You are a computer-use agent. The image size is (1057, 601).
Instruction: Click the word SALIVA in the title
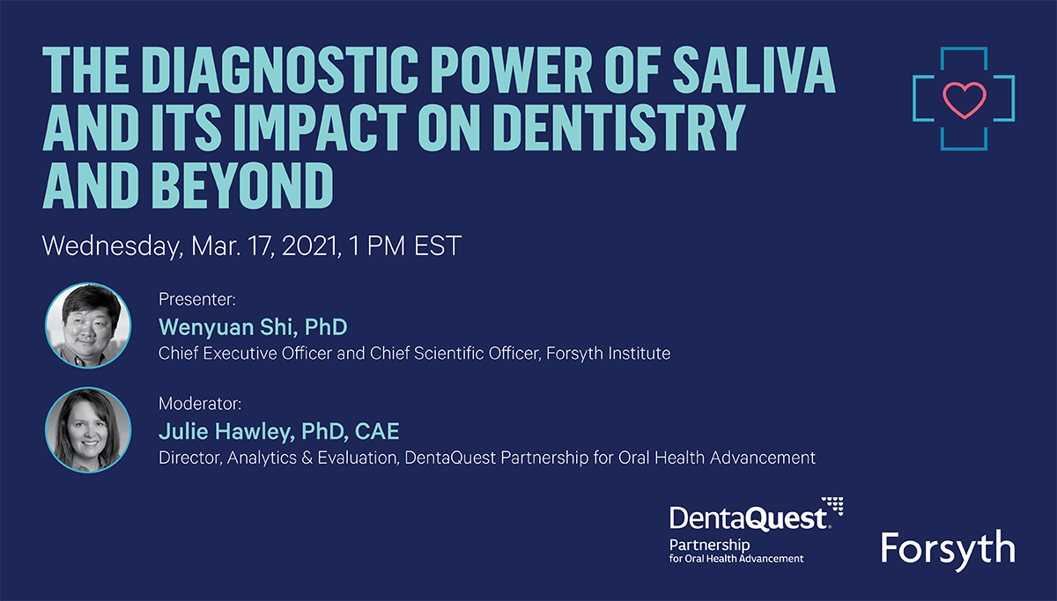click(754, 70)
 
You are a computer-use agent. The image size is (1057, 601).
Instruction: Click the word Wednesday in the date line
click(113, 246)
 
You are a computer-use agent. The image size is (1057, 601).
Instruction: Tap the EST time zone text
click(438, 246)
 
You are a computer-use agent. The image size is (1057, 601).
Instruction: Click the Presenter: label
click(196, 299)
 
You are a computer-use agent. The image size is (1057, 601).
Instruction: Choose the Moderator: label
click(200, 404)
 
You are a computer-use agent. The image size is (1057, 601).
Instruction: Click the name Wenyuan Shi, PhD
click(253, 327)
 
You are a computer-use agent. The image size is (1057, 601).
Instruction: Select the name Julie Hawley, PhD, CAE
click(279, 431)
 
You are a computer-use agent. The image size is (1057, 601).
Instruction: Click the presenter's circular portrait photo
click(88, 326)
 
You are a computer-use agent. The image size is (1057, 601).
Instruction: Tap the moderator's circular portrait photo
click(88, 430)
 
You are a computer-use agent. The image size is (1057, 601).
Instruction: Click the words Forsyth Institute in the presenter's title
click(609, 354)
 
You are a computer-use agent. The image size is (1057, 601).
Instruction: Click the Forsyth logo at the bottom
click(948, 550)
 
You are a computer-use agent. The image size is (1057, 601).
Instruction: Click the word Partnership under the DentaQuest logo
click(709, 545)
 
